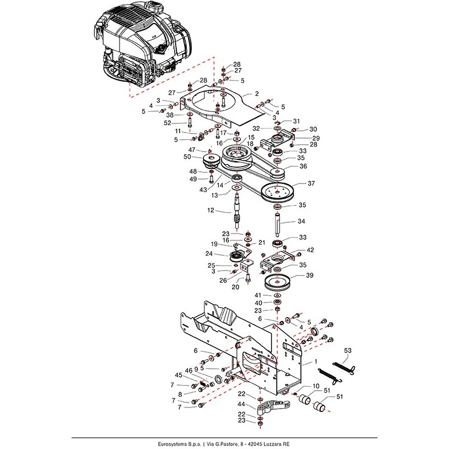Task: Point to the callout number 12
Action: (x=211, y=210)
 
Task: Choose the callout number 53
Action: (x=347, y=350)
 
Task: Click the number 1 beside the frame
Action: (x=315, y=362)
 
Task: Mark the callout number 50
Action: (x=188, y=158)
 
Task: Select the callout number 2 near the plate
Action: (x=257, y=94)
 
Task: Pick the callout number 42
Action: (x=310, y=250)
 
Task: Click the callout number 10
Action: (x=317, y=386)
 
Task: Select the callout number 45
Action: (x=178, y=375)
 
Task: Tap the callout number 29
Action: (x=315, y=138)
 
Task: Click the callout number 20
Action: (x=235, y=287)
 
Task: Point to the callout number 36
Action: (x=303, y=166)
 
